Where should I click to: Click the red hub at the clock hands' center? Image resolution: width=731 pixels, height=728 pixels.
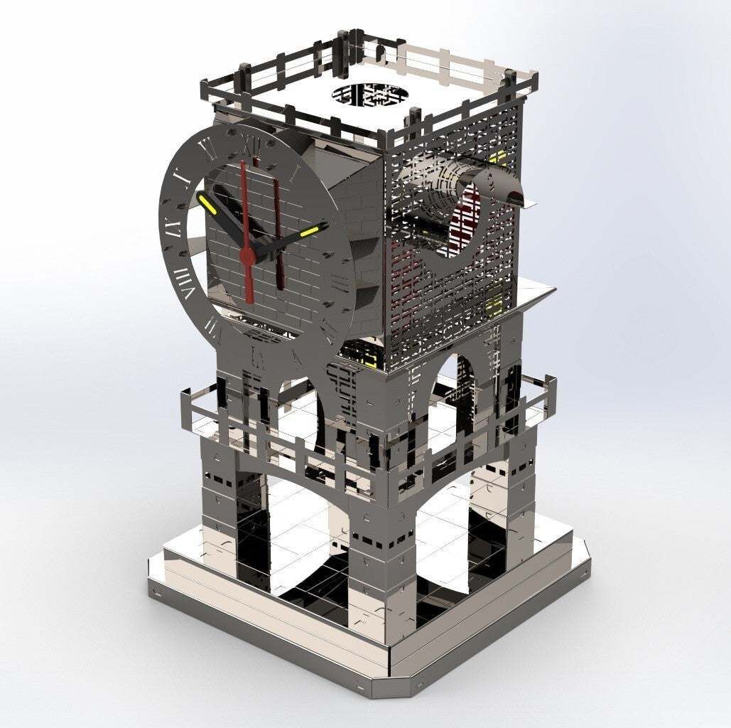tap(247, 254)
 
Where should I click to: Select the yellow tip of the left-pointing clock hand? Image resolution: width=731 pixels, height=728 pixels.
tap(207, 205)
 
